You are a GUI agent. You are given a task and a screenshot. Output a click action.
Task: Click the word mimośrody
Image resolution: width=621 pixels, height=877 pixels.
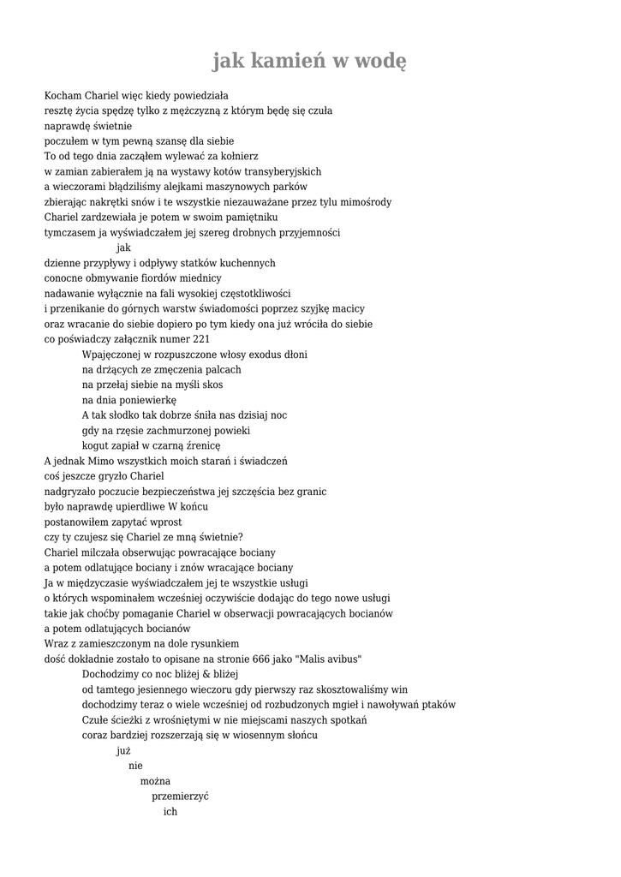click(363, 202)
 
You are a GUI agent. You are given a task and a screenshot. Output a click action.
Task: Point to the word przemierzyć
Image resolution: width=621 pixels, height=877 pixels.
click(181, 796)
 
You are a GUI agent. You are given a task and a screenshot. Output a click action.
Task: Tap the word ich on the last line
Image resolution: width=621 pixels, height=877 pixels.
click(170, 811)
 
